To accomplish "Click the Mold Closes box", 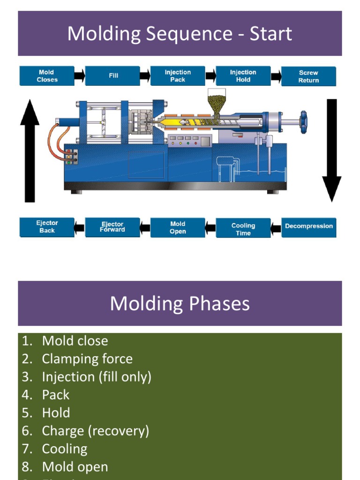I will pos(46,76).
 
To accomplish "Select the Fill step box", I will pos(112,76).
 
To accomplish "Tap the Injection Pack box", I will pos(178,76).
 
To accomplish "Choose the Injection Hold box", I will pos(243,76).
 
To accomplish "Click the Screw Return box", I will pos(308,76).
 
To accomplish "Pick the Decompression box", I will pos(308,226).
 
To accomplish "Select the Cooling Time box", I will pos(243,229).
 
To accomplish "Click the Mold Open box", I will pos(178,228).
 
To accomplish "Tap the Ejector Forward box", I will pos(112,227).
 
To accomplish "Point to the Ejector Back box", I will pos(46,227).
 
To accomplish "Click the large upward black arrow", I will pos(30,150).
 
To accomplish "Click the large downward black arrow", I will pos(331,150).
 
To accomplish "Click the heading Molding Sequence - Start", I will pos(180,34).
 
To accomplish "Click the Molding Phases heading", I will pos(180,304).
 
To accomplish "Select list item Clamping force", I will pos(87,359).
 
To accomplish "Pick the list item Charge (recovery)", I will pos(95,431).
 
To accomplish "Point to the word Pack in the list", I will pos(56,395).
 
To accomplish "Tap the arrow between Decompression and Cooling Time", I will pos(276,228).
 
